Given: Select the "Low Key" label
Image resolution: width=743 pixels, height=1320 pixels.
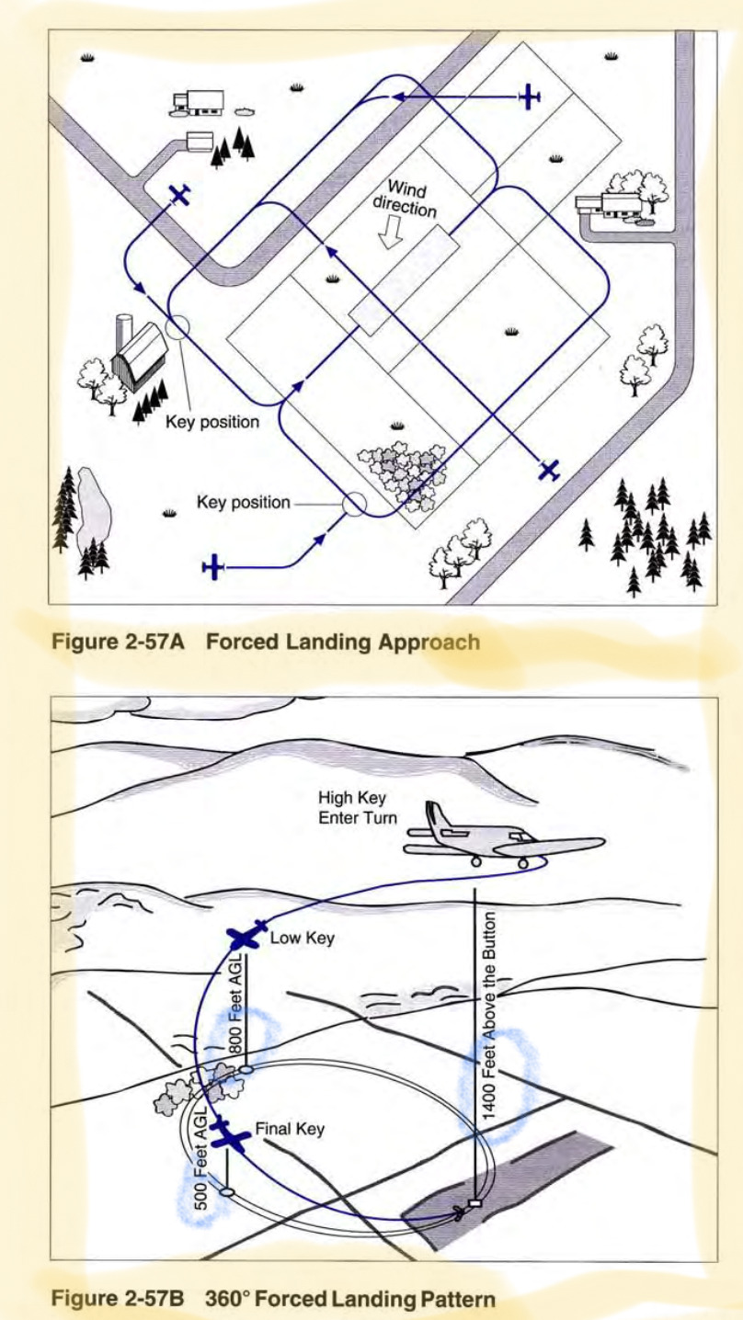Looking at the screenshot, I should [302, 939].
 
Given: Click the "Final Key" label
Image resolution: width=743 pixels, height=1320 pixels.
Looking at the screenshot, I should [290, 1129].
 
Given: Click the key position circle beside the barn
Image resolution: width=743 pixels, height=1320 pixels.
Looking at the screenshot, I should [178, 326].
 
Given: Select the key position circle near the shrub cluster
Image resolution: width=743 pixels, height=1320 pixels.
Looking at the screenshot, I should [353, 504].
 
